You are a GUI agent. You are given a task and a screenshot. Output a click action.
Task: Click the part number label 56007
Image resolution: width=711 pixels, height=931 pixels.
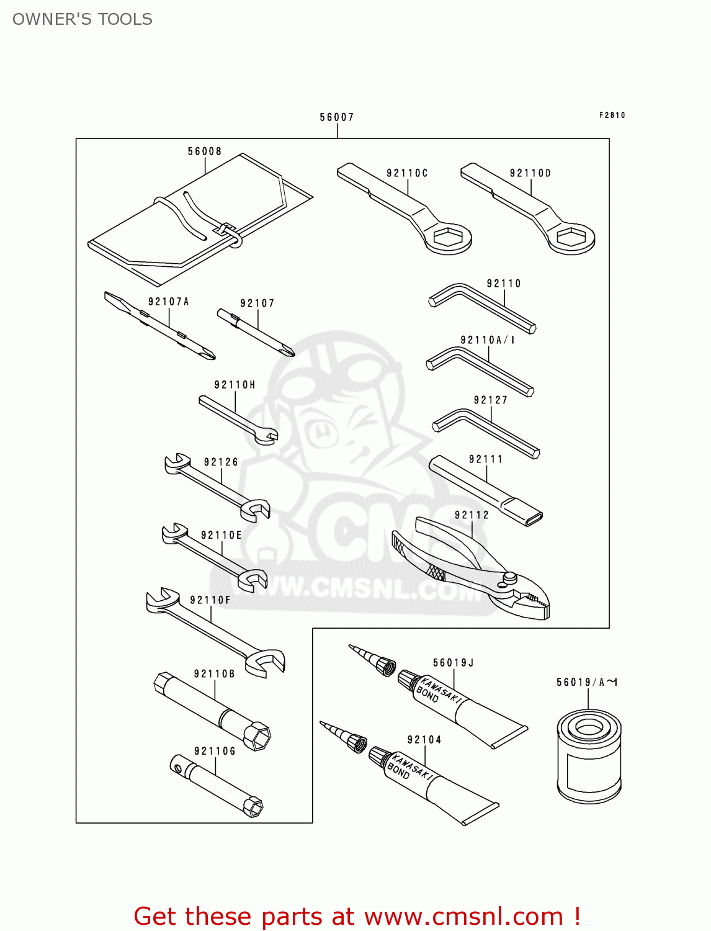point(337,117)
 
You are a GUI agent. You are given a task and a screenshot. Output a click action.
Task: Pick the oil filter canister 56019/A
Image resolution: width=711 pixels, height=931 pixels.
point(589,757)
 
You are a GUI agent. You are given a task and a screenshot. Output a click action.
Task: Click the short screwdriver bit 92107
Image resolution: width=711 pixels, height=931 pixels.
point(256,332)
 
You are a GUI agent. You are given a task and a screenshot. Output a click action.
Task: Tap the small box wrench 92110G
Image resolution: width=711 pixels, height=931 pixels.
point(217,785)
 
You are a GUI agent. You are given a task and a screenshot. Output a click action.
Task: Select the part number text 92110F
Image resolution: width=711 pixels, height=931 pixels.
point(210,600)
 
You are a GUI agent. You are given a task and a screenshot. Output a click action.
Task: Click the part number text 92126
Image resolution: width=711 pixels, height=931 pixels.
point(221,462)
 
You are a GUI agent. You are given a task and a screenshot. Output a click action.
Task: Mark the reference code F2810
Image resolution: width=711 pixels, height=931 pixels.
point(612,115)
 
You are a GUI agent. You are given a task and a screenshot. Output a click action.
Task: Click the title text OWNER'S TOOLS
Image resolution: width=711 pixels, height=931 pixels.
point(83,19)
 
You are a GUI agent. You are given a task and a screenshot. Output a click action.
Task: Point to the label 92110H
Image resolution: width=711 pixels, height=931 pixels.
point(235,385)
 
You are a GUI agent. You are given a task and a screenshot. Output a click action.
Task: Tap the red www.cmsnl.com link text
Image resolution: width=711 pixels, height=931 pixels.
point(463,916)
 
